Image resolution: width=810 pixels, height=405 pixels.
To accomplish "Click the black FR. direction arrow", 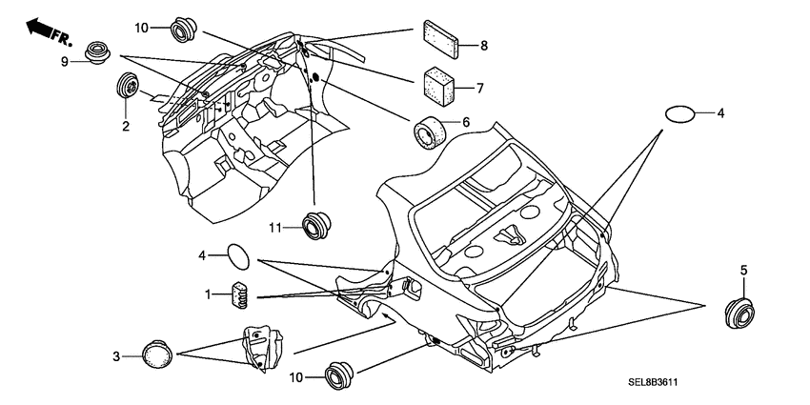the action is point(38,27).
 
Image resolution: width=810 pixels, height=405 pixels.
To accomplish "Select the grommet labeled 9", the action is point(97,53).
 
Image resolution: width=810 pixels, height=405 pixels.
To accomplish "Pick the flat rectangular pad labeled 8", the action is point(441,39).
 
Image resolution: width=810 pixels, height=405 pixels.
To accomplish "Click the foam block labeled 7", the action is point(439,87).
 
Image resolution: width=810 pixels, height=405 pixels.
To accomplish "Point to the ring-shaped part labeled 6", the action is point(430,132).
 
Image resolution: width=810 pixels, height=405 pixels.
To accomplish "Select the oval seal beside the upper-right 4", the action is point(679,114).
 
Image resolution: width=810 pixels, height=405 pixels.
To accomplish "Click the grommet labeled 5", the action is point(739,313).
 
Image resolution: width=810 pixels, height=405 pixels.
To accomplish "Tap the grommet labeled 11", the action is point(316,225).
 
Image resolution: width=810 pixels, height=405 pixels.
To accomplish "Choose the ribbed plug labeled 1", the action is point(240,295).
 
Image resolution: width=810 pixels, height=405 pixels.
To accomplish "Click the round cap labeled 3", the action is point(157,354).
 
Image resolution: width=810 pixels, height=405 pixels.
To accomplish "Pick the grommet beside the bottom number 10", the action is point(339,375).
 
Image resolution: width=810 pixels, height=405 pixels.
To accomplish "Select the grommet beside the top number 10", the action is point(183,30).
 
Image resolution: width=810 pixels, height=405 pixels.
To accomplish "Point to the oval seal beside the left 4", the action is point(238,256).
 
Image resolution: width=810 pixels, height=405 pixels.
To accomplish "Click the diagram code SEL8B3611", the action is point(653,383).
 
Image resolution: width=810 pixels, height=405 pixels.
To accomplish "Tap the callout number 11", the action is point(274,228).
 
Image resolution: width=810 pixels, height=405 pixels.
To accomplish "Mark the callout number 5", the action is point(744,271).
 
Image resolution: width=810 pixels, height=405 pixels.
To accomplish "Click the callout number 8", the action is point(484,46).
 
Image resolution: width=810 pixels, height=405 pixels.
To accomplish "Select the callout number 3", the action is point(117,356).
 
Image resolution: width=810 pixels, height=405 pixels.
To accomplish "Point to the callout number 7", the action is point(480,89).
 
